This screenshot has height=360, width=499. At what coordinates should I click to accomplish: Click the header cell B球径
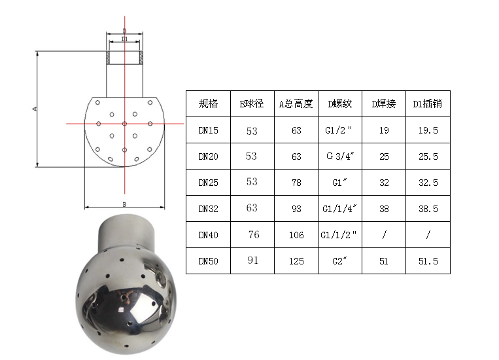252,104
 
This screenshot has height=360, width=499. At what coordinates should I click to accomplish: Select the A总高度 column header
296,104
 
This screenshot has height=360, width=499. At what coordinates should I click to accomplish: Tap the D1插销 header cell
428,104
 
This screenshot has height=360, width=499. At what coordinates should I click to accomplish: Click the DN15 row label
208,130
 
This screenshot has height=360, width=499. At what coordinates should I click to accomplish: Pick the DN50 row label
208,261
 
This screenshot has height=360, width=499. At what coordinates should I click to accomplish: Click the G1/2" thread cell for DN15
339,130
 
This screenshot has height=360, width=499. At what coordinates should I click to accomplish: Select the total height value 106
296,235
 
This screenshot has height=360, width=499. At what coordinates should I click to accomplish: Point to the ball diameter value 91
252,261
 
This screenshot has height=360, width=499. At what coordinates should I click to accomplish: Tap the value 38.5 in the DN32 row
428,209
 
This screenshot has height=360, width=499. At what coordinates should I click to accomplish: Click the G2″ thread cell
339,261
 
